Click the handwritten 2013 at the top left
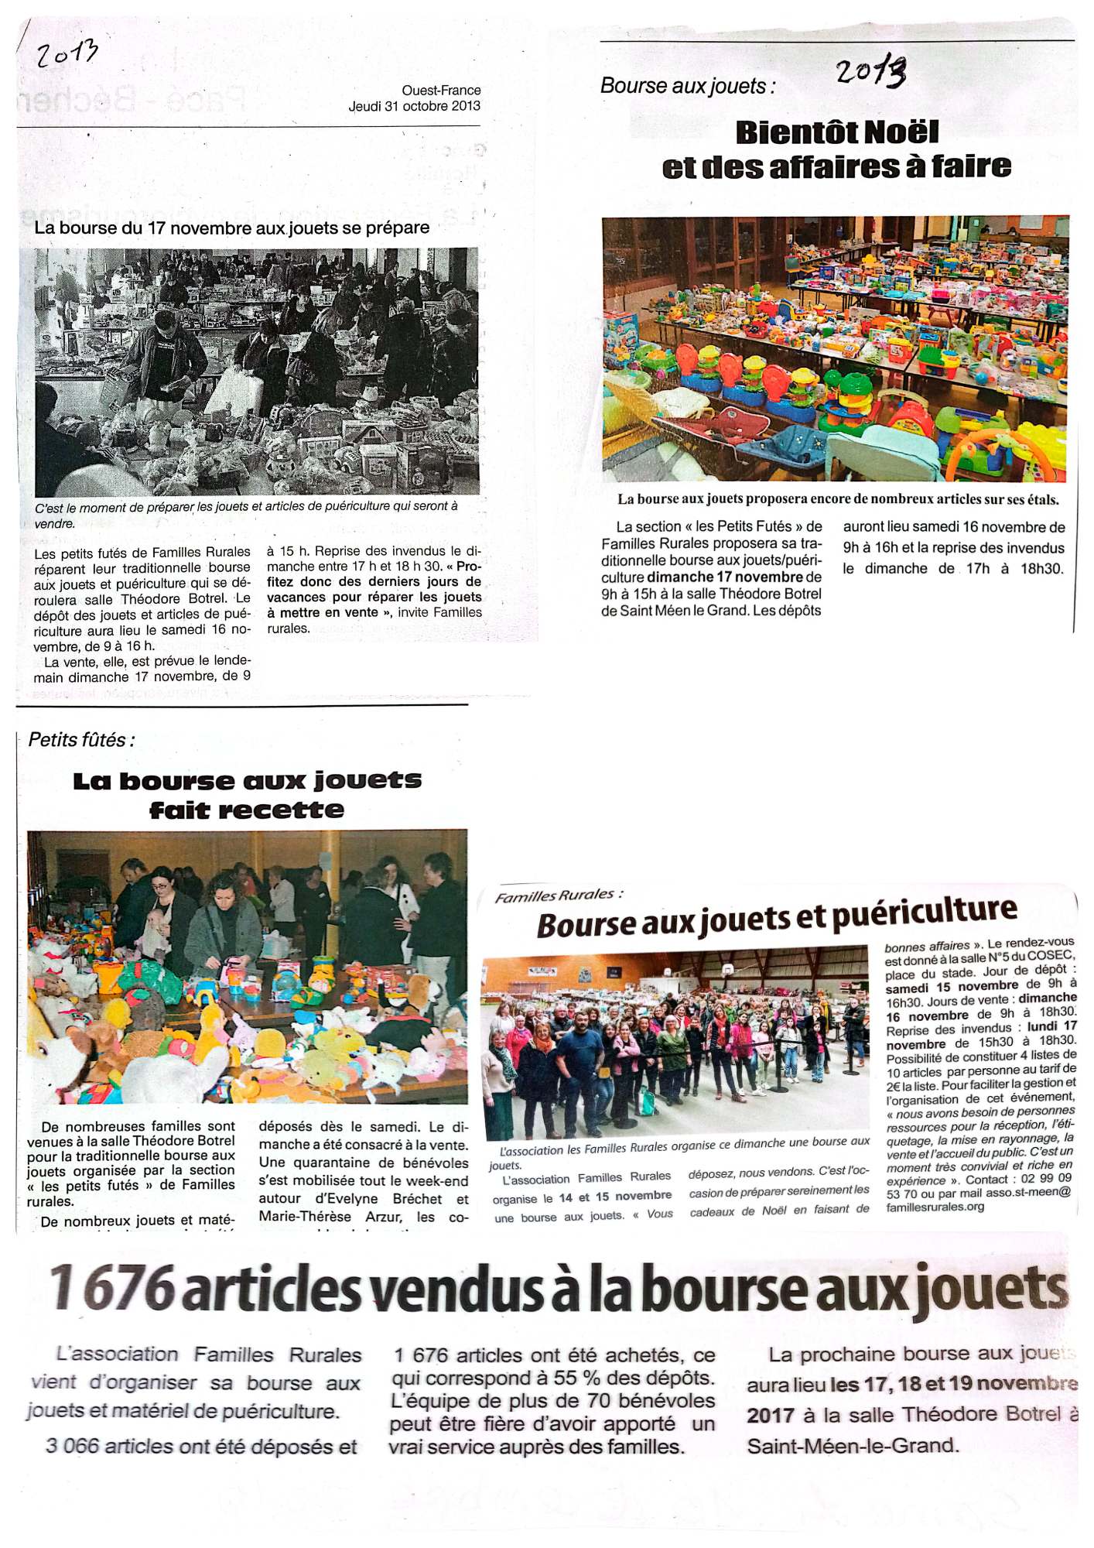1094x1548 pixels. coord(68,54)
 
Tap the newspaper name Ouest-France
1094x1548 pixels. coord(441,91)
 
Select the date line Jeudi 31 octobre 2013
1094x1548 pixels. coord(414,106)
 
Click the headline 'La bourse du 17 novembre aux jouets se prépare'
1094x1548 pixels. coord(231,228)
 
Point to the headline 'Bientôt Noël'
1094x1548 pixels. coord(836,132)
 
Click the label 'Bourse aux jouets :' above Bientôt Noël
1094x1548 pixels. coord(687,86)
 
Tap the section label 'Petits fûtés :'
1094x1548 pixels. coord(81,740)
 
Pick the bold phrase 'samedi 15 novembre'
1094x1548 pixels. coord(952,986)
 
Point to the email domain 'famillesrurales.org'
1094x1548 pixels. coord(935,1207)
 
